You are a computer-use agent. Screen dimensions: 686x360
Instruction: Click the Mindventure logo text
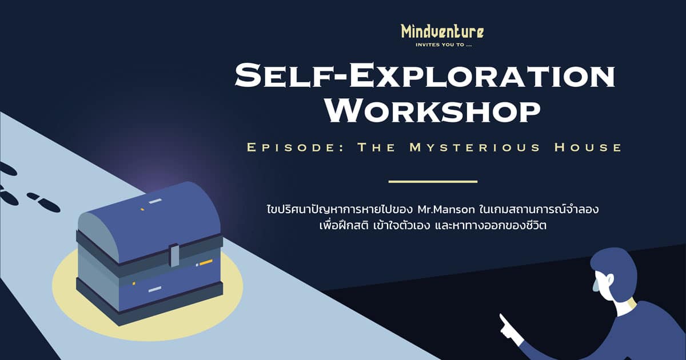click(443, 32)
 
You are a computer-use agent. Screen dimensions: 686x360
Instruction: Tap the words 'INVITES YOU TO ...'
click(444, 45)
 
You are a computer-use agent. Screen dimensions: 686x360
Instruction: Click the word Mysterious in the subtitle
click(475, 147)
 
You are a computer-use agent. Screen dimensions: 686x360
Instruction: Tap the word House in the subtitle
click(588, 147)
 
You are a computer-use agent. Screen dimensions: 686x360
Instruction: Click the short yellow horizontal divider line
click(433, 182)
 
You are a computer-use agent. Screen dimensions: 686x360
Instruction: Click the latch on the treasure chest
click(175, 255)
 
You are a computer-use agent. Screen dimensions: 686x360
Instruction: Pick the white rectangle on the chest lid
click(155, 201)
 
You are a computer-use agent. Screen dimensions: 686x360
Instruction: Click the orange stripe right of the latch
click(206, 262)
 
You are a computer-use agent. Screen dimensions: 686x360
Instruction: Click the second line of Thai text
click(433, 226)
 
